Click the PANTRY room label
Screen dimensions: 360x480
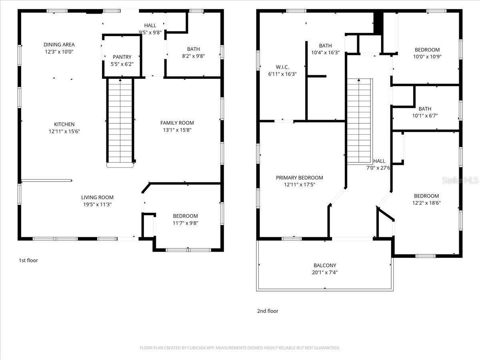[x=122, y=57]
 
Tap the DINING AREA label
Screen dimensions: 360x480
[x=59, y=45]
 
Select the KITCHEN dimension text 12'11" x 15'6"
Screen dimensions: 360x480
[x=65, y=131]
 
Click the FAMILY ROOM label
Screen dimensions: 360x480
[x=177, y=123]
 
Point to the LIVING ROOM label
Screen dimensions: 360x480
[x=97, y=197]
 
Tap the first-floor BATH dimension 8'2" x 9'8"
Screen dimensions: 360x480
[x=193, y=56]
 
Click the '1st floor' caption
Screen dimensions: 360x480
[x=28, y=260]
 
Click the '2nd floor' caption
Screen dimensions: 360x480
[x=268, y=311]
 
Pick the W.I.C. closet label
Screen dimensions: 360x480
[x=282, y=67]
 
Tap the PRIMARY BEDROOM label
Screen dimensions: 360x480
[x=300, y=178]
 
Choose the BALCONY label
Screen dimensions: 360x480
[x=325, y=265]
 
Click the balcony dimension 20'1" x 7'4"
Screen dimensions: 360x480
[x=325, y=272]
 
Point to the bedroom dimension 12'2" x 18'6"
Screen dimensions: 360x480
[x=426, y=203]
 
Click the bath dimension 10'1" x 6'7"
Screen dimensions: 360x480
[x=425, y=116]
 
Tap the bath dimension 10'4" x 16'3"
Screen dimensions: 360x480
[x=325, y=52]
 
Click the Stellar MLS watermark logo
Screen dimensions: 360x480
[x=460, y=181]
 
